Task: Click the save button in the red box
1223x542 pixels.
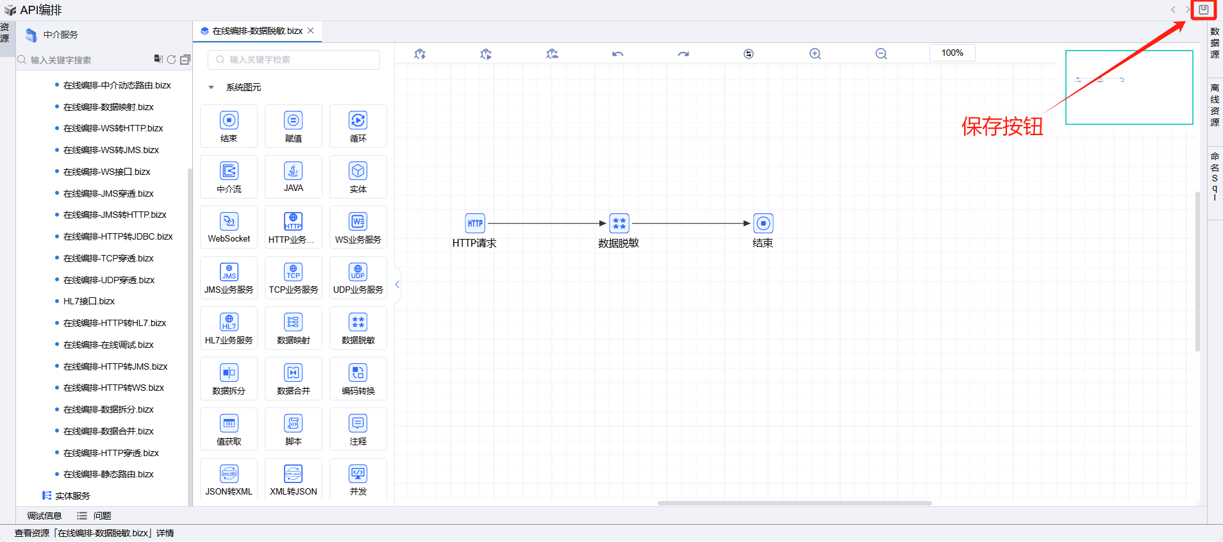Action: [x=1203, y=10]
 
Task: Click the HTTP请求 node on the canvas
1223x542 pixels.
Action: [x=475, y=224]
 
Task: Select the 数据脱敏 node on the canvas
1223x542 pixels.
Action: [x=619, y=224]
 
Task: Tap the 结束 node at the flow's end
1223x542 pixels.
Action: [x=763, y=224]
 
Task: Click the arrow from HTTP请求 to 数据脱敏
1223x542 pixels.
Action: [x=545, y=224]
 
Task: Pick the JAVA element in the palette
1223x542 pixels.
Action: [x=294, y=176]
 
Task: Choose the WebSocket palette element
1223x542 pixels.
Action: [x=229, y=227]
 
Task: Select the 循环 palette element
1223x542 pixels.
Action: [x=358, y=126]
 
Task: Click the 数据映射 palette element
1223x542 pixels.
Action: [x=294, y=328]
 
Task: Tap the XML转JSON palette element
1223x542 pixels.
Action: [x=294, y=479]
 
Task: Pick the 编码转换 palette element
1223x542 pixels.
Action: [x=358, y=379]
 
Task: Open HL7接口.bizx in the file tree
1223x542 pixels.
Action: [x=89, y=301]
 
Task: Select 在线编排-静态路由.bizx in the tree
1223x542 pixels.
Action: [x=108, y=474]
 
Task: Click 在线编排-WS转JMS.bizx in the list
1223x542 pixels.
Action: [x=111, y=150]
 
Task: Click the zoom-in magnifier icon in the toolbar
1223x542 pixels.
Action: [x=815, y=54]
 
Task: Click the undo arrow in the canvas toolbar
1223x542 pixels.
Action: [x=617, y=54]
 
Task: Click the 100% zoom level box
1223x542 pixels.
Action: [x=952, y=53]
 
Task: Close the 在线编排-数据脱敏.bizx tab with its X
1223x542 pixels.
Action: [x=311, y=31]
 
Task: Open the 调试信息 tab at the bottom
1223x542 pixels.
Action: [x=44, y=516]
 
